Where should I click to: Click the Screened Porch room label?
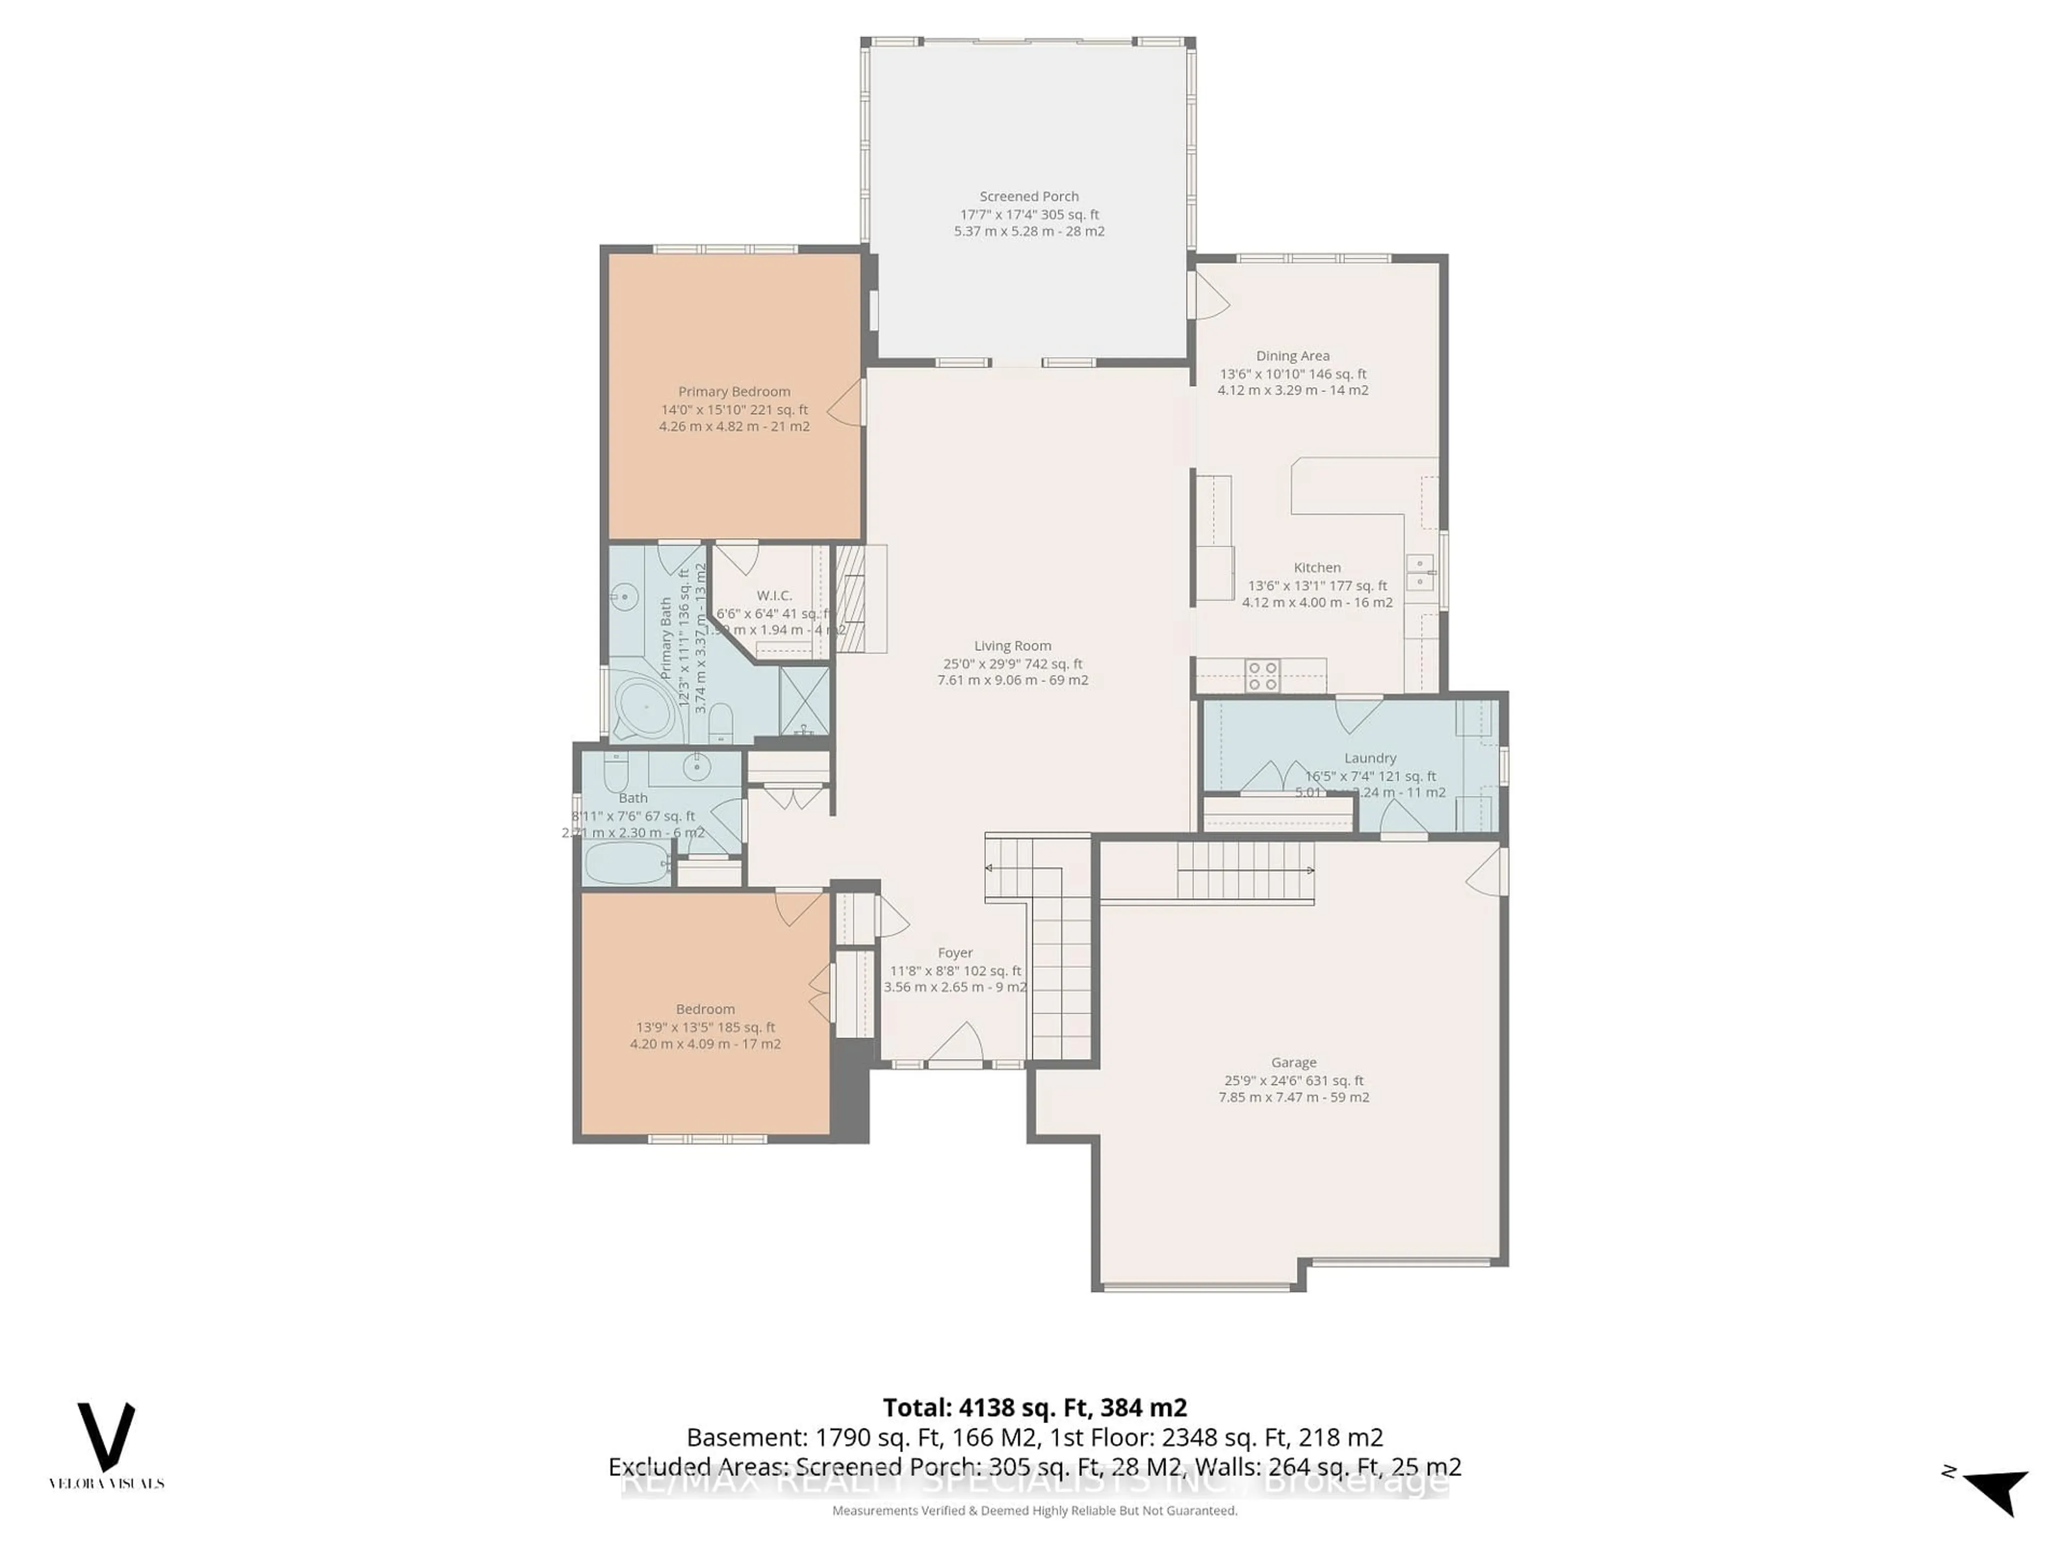tap(1029, 197)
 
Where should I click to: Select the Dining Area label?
tap(1292, 356)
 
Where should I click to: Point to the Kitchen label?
tap(1317, 567)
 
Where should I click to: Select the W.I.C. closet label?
tap(774, 595)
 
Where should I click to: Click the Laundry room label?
tap(1370, 758)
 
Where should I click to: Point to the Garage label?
tap(1293, 1062)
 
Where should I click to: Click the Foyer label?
tap(955, 953)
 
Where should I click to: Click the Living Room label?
tap(1012, 646)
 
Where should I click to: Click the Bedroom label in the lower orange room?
tap(705, 1009)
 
